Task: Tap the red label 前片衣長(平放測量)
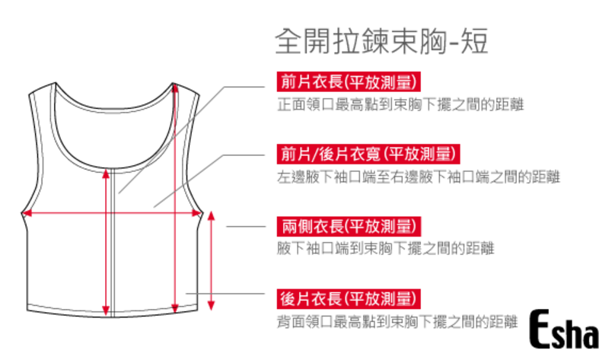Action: click(x=349, y=81)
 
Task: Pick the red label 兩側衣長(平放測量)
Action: click(x=349, y=226)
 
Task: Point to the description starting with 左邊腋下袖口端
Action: click(x=418, y=177)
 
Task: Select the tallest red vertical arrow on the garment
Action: click(x=177, y=198)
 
